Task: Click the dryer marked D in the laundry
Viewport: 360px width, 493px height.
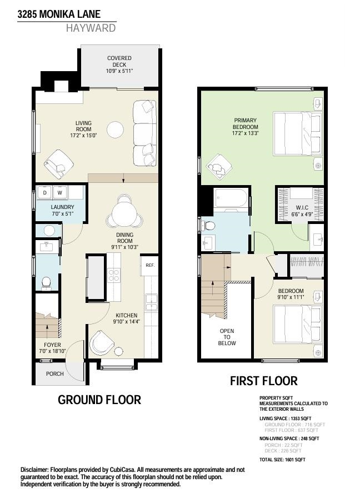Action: (x=45, y=193)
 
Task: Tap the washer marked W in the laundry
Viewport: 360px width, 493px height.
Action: (x=59, y=193)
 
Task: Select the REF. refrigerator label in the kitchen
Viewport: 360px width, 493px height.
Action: (x=149, y=265)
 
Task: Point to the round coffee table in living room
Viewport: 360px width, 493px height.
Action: (x=116, y=130)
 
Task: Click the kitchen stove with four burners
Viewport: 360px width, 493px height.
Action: (x=114, y=276)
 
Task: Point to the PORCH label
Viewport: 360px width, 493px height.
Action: (x=54, y=374)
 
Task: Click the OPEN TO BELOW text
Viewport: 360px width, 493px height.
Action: (x=227, y=337)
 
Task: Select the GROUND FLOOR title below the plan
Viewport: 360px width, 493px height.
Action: (x=99, y=400)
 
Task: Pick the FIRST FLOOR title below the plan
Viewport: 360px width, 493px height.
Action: (x=264, y=381)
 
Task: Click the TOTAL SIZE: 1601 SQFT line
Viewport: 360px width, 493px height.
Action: (x=282, y=460)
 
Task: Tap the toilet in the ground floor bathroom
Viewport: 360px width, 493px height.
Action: (x=46, y=282)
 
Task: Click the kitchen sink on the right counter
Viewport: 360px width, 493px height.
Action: (x=151, y=303)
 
